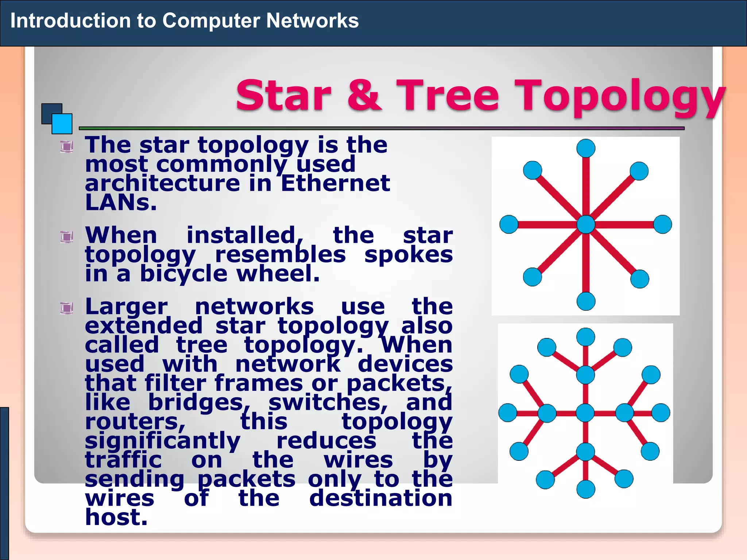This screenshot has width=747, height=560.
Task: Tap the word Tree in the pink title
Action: [x=448, y=96]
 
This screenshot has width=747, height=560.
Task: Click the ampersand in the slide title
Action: [x=364, y=96]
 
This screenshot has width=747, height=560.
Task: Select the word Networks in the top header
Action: [x=312, y=20]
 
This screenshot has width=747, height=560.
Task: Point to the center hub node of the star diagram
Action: [x=586, y=224]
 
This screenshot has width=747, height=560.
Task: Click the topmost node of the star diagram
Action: [x=586, y=148]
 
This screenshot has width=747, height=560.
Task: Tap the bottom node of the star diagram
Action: [x=586, y=301]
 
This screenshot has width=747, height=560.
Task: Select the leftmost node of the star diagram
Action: [x=509, y=224]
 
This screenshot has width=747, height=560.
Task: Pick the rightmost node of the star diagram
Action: [x=663, y=224]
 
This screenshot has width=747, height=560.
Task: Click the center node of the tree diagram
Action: [x=585, y=413]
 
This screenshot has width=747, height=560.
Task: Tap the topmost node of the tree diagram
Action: [x=585, y=337]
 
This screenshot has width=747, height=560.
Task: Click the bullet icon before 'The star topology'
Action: [x=67, y=147]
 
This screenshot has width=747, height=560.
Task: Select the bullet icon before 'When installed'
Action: [x=67, y=237]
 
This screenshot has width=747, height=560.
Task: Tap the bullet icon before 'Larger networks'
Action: [x=67, y=308]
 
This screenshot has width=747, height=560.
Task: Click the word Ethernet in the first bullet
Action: [x=335, y=183]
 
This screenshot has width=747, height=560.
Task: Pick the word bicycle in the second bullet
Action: [x=183, y=274]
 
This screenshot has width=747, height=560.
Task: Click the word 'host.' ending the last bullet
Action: [x=116, y=517]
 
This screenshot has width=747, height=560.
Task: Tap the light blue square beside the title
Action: [x=62, y=124]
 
